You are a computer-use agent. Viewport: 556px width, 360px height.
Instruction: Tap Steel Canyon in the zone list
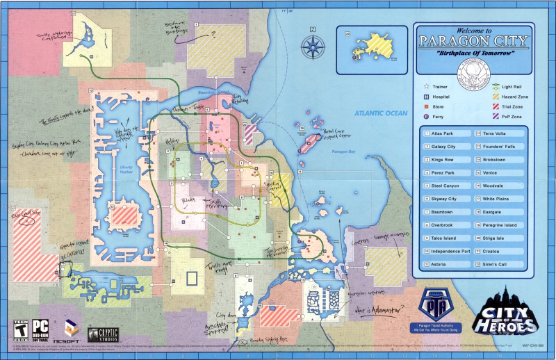[x=445, y=186]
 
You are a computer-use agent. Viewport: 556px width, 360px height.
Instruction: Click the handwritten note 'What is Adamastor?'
[x=378, y=310]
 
